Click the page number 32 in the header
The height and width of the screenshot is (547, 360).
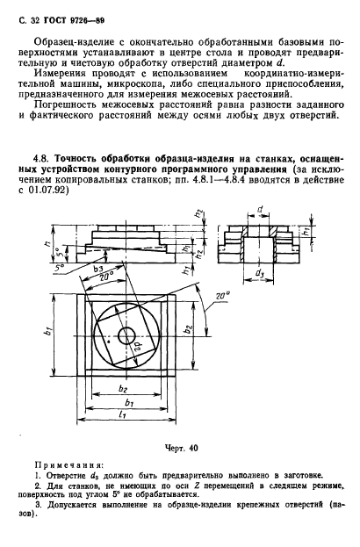pos(34,16)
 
